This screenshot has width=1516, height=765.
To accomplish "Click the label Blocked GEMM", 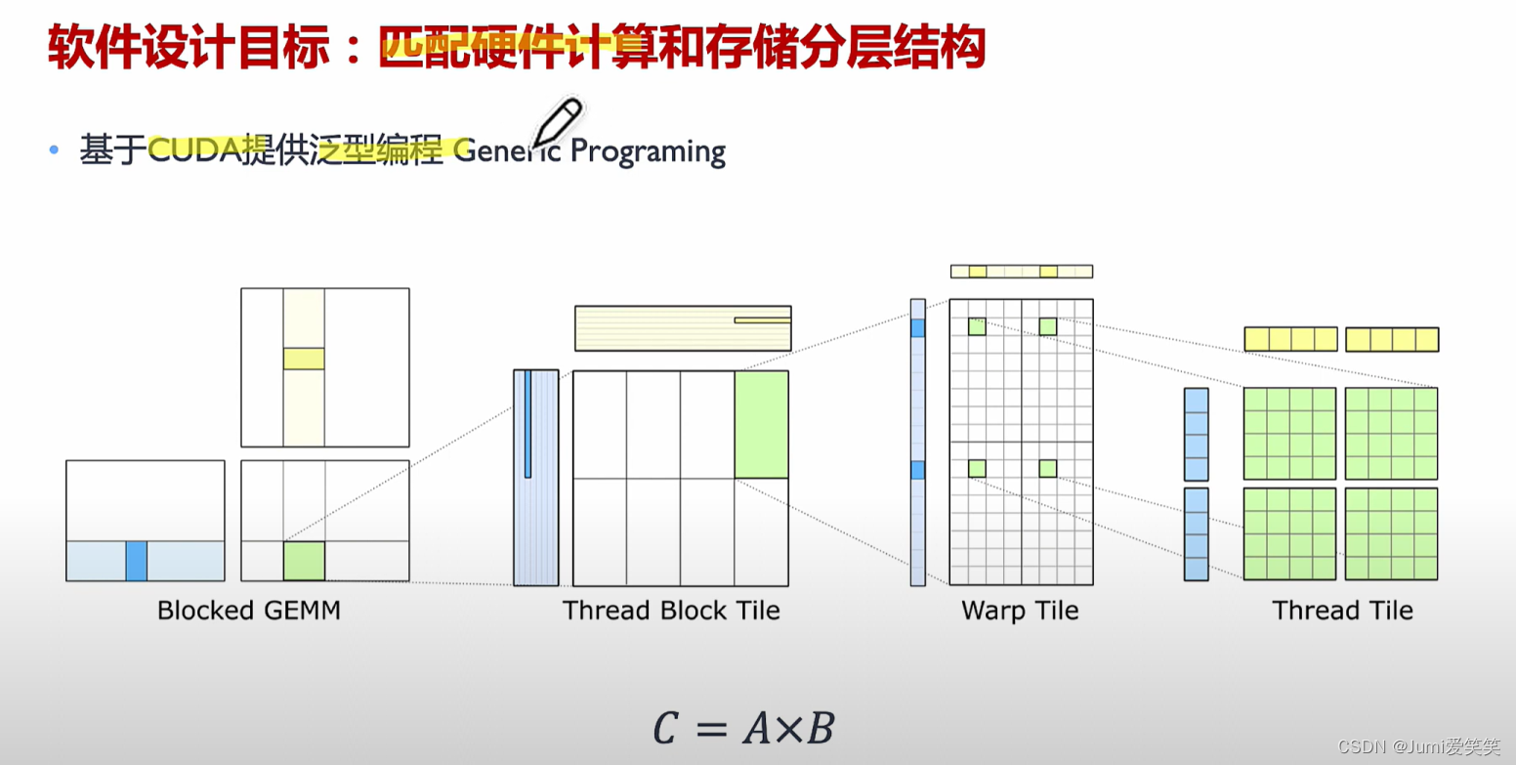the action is [x=249, y=612].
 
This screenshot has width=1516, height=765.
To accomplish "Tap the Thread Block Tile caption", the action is [x=671, y=612].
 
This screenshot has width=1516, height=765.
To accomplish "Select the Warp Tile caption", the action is [x=1020, y=612].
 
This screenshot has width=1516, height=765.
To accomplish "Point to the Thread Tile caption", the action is [x=1342, y=612].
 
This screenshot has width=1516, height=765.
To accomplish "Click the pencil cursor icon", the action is [x=556, y=123].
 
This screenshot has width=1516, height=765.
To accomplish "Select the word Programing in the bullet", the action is [x=648, y=152].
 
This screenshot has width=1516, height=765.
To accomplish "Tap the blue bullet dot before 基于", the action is [x=55, y=150].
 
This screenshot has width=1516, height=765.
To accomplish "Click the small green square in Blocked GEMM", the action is [x=304, y=561].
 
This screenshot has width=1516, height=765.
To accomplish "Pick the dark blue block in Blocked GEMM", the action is [x=136, y=561].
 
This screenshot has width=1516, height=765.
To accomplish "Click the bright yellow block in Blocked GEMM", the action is [x=304, y=359].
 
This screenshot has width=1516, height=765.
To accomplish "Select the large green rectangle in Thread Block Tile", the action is [x=761, y=424].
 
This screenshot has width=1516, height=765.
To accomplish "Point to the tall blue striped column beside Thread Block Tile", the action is [x=536, y=478].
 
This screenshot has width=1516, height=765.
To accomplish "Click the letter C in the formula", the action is [x=666, y=729].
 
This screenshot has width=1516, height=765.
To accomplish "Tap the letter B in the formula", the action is [x=820, y=729].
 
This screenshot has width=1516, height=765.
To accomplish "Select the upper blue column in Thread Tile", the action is [x=1196, y=434].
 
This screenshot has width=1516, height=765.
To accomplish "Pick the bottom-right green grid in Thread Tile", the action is [x=1391, y=533].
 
